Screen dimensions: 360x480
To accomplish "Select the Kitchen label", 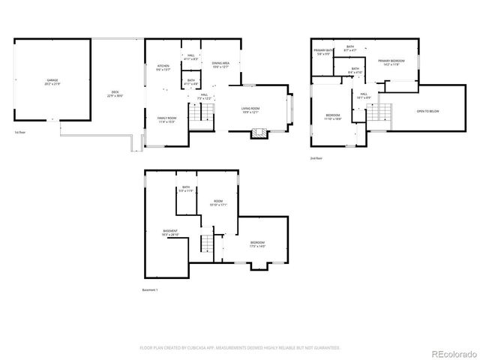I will click(163, 67).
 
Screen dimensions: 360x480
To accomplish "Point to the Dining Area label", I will click(220, 65).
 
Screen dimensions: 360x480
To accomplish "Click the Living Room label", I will click(250, 109).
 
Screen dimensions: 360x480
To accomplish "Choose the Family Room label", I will click(166, 120).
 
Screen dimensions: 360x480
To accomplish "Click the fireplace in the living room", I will click(258, 133).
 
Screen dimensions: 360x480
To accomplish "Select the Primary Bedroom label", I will click(391, 61).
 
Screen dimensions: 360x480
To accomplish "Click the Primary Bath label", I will click(322, 52).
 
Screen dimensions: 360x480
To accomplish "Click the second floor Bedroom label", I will click(332, 116).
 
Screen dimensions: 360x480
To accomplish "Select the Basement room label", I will click(170, 232).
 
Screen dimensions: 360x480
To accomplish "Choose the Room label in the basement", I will click(217, 202).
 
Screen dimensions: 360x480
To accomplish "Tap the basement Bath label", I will click(186, 190).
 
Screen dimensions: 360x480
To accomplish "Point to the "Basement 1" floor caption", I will click(150, 289).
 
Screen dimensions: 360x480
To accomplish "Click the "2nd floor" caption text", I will click(316, 159).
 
